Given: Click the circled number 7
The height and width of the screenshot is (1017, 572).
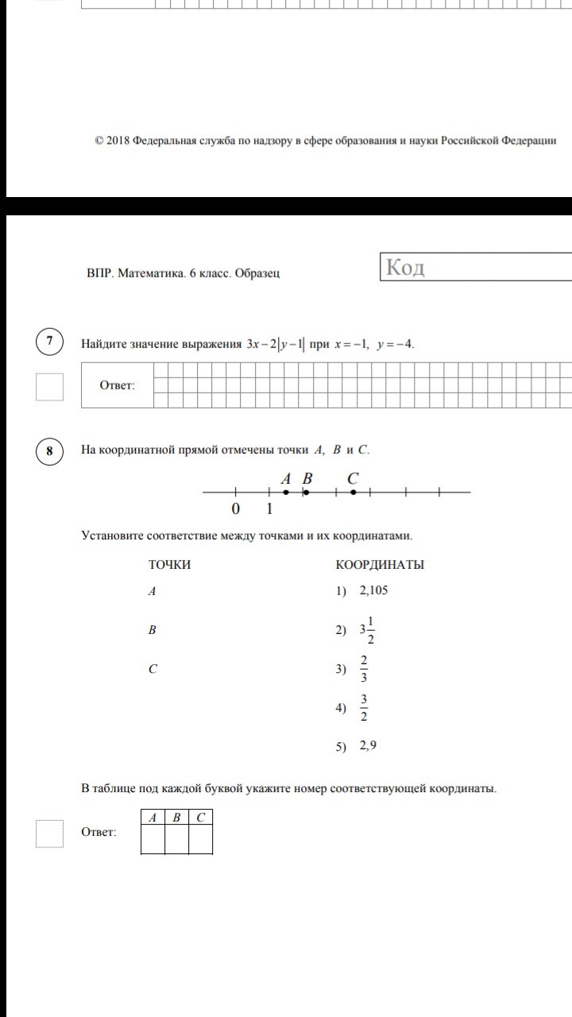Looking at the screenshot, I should coord(50,342).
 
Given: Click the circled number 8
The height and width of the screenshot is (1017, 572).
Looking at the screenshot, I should coord(50,451).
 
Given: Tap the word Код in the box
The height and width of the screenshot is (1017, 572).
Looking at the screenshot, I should coord(405,268).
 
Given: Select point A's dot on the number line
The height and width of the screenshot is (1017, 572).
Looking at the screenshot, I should coord(286,493).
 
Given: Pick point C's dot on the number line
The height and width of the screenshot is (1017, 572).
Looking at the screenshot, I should coord(354,493).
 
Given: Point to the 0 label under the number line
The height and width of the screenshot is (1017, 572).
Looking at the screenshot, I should coord(235,509).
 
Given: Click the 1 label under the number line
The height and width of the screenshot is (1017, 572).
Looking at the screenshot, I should coord(269,509).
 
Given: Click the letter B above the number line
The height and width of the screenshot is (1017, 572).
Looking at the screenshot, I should coord(307,478).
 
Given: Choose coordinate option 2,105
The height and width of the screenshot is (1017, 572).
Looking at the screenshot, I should coord(373,590).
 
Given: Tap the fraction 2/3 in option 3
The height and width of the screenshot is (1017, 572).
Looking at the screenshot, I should coord(364,669).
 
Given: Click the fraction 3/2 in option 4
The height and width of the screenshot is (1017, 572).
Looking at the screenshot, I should coord(364,707).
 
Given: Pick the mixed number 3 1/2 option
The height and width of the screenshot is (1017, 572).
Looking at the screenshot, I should coord(366,630).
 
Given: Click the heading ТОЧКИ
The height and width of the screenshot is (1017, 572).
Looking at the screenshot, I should coord(169,565).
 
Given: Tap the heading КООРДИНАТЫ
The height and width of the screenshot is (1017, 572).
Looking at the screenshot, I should coord(380,565).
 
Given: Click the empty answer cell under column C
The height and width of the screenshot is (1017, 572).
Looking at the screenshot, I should coord(200,839).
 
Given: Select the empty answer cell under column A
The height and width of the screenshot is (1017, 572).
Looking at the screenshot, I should coord(153,839).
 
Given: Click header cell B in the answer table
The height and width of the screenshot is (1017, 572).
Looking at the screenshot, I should coord(176,817).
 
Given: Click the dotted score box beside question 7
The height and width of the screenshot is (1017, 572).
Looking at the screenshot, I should coord(50,387).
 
